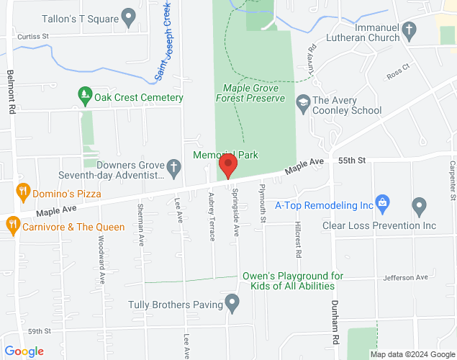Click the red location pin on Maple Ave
pyautogui.click(x=228, y=165)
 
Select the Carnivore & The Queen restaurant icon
pyautogui.click(x=12, y=225)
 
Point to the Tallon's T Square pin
pyautogui.click(x=130, y=16)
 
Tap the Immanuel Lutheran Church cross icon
pyautogui.click(x=410, y=30)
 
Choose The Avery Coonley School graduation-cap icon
pyautogui.click(x=302, y=103)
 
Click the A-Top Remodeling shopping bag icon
pyautogui.click(x=382, y=204)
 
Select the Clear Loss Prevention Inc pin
pyautogui.click(x=420, y=208)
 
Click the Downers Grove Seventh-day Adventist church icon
pyautogui.click(x=173, y=168)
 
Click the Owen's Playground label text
pyautogui.click(x=297, y=281)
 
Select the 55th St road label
pyautogui.click(x=352, y=159)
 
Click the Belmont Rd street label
pyautogui.click(x=11, y=91)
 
